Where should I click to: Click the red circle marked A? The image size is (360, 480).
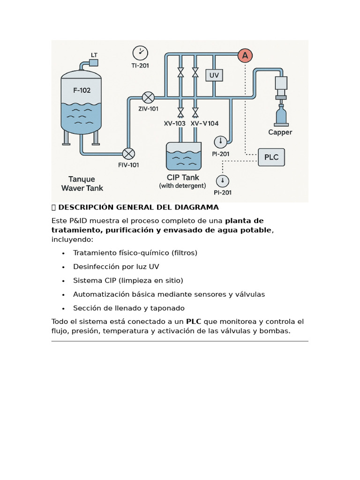245,56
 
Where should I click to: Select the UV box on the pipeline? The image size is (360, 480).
214,75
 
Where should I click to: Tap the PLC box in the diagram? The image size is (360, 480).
271,157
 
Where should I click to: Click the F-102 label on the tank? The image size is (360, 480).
82,90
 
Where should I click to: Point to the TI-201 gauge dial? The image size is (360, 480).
140,53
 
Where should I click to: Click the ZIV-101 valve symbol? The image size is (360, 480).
148,97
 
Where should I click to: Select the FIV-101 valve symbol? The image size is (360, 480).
128,153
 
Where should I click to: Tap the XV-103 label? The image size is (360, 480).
175,123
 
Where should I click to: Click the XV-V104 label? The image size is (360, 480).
204,123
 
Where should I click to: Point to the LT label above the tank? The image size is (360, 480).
94,54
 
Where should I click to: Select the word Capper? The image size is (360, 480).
280,132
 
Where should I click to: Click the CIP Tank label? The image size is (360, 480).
183,177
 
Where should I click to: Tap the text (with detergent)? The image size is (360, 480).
182,186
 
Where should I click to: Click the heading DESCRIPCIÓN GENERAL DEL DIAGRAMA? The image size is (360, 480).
138,207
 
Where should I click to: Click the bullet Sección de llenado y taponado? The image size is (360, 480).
128,308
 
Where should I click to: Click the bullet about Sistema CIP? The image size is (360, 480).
128,280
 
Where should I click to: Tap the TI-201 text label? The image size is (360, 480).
140,66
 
